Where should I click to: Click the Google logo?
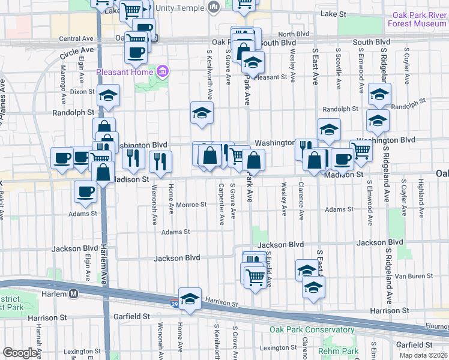click(x=20, y=353)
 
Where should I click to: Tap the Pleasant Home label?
click(x=124, y=73)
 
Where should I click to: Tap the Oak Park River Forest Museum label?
click(x=420, y=19)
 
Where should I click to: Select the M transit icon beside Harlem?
click(x=74, y=294)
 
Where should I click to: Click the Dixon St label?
click(x=78, y=92)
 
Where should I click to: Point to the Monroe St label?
click(x=191, y=205)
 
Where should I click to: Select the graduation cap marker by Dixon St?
click(x=109, y=95)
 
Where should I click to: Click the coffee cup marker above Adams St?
click(x=85, y=191)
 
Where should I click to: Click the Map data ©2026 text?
click(x=424, y=355)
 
